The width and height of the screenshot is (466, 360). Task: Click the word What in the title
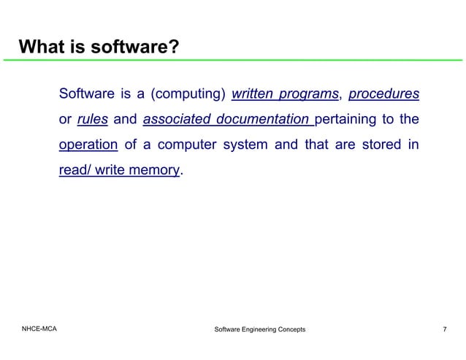pyautogui.click(x=42, y=48)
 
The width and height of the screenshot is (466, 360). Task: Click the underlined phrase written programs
pyautogui.click(x=285, y=94)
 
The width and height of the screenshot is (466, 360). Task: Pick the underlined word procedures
pyautogui.click(x=383, y=94)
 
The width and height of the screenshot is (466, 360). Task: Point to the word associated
pyautogui.click(x=175, y=120)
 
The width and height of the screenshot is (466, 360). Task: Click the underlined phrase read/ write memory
pyautogui.click(x=119, y=170)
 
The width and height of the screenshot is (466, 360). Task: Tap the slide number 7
pyautogui.click(x=445, y=330)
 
